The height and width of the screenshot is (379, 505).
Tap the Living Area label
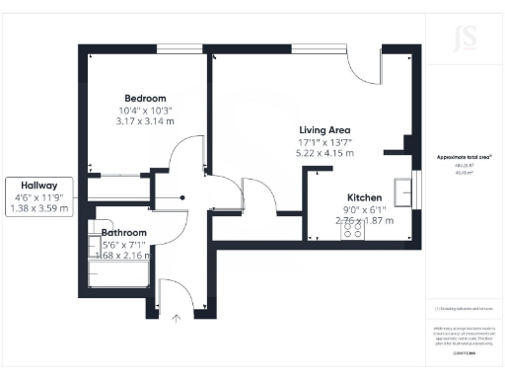point(325,130)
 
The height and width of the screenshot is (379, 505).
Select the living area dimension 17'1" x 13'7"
point(325,143)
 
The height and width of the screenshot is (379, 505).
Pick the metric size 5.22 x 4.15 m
point(325,155)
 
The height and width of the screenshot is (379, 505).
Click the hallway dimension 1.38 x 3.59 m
point(39,208)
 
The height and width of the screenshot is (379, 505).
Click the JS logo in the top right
point(464,39)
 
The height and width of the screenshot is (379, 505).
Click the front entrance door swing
point(174,292)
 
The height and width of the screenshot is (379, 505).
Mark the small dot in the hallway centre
point(181,197)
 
